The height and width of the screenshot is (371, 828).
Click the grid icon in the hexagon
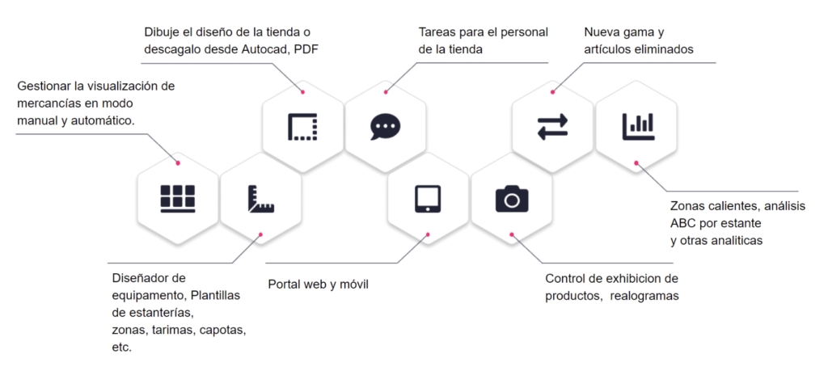(178, 198)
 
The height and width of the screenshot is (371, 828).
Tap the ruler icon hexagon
(260, 198)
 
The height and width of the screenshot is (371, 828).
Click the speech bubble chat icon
(386, 127)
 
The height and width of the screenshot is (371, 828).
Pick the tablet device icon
(428, 198)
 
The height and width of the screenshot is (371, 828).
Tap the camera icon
(511, 198)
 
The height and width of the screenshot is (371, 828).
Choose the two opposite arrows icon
(553, 127)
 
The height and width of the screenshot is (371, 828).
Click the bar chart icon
(638, 126)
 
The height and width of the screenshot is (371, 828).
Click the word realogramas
(645, 297)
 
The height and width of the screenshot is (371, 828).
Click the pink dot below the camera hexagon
(512, 235)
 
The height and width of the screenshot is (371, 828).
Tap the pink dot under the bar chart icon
(636, 163)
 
